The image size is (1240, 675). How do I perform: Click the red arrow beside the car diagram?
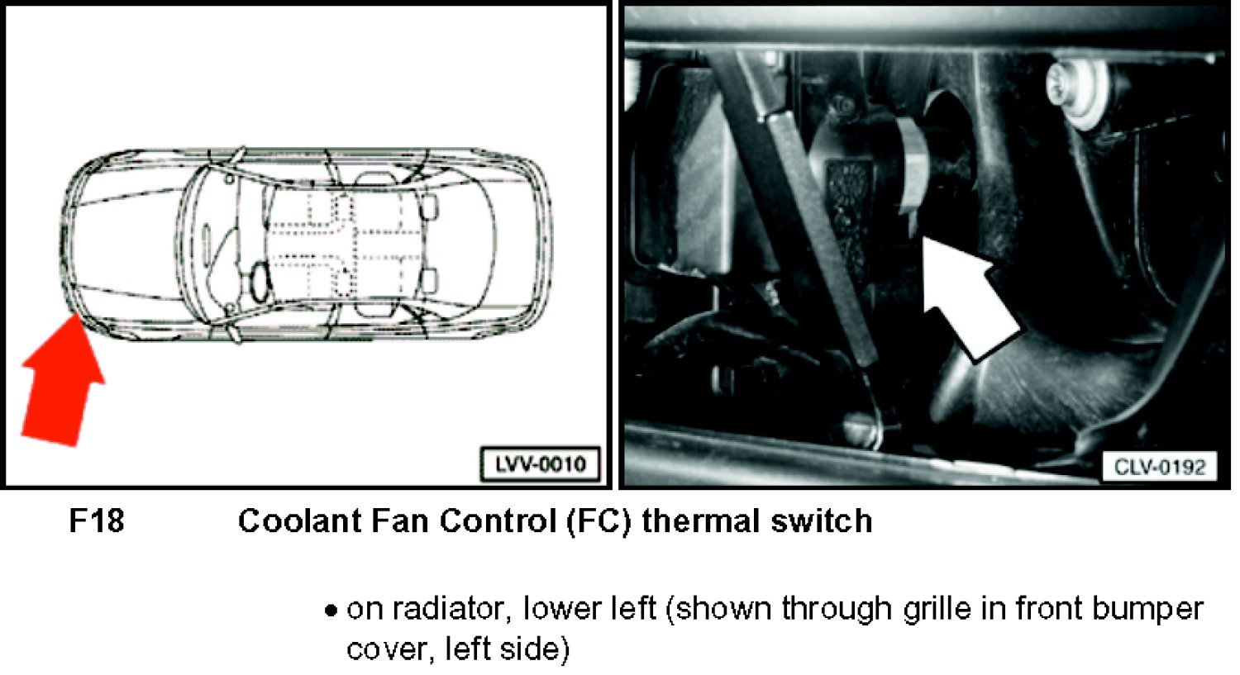coord(62,382)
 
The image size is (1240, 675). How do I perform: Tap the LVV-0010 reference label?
coord(541,464)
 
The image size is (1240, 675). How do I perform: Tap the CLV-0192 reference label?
coord(1160,468)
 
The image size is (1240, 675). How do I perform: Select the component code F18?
coord(97,521)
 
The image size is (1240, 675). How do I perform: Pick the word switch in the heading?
coord(822,521)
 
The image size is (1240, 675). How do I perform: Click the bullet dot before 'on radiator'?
coord(331,611)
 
